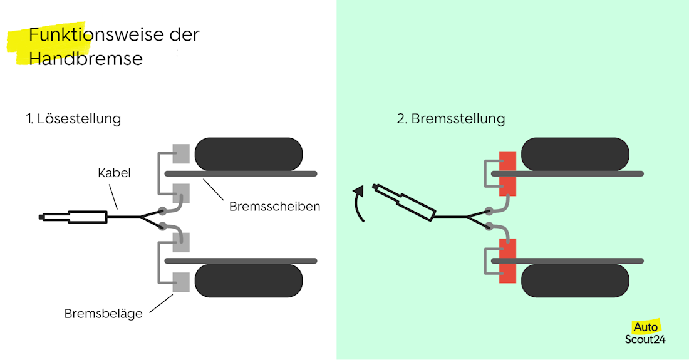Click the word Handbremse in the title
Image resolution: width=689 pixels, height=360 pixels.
point(86,59)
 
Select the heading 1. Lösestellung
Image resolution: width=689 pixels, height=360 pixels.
point(73,119)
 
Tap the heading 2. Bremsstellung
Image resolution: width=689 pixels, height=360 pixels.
point(451,119)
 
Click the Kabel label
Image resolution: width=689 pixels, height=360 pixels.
point(114,173)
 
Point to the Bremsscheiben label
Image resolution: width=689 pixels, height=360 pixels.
point(274,206)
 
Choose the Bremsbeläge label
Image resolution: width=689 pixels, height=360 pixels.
point(103,314)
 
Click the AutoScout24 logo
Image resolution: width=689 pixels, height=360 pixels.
point(645,333)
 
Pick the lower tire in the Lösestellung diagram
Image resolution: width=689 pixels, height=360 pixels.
point(249,280)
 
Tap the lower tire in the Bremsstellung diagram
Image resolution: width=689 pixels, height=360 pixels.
point(575,280)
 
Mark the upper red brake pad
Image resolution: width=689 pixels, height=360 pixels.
point(507,173)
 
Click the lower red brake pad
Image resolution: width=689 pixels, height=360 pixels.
point(507,260)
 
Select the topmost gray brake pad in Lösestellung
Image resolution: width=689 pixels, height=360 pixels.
point(181,152)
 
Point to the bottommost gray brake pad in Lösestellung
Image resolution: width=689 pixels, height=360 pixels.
point(181,282)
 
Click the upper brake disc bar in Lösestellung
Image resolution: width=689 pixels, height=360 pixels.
point(241,173)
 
